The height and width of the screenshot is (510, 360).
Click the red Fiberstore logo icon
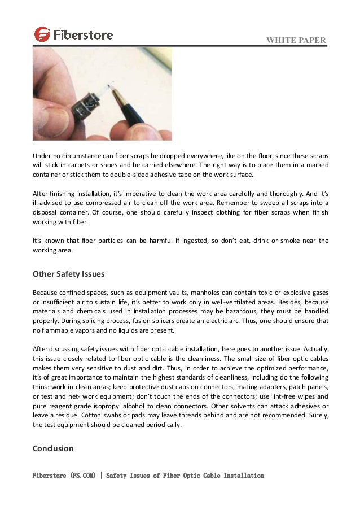42,34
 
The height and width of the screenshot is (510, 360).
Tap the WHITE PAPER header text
298,40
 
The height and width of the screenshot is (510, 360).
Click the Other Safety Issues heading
68,274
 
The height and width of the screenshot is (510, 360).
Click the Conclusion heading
53,448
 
